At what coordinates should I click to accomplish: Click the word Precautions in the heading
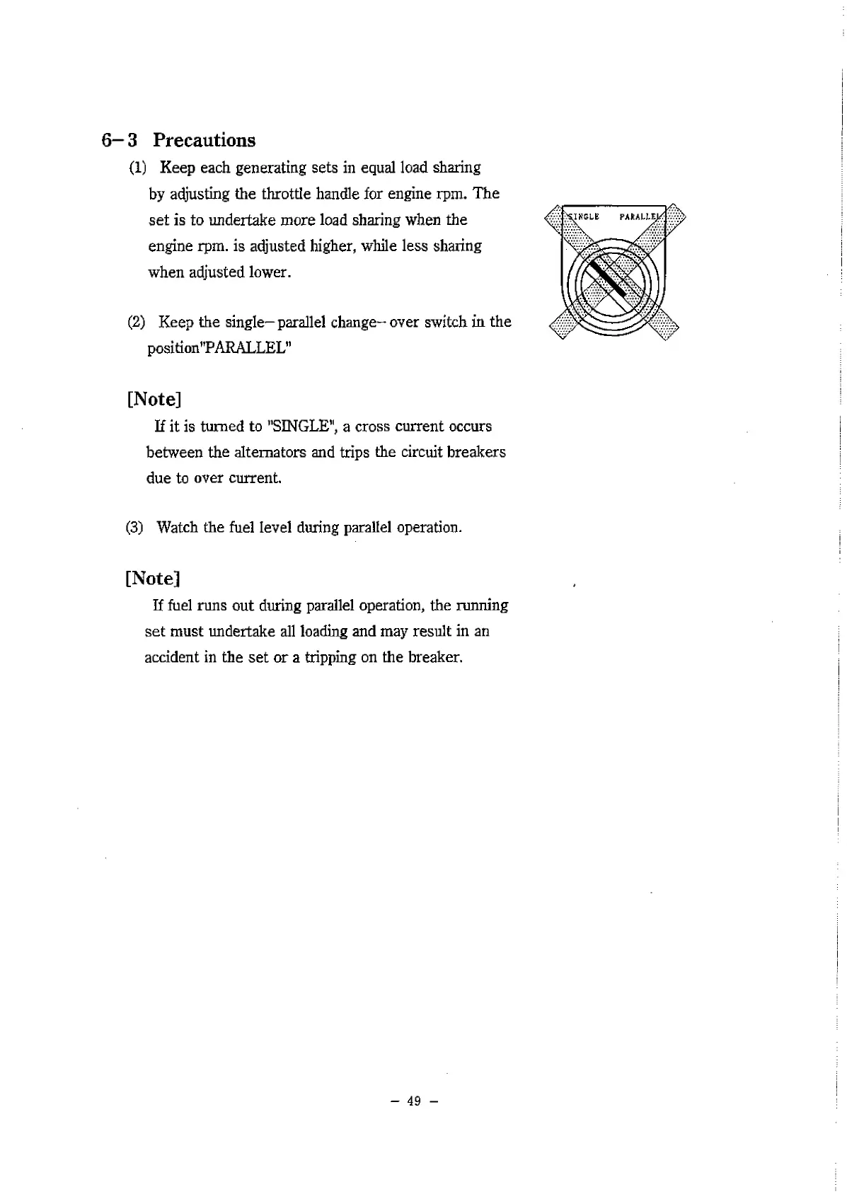(x=204, y=140)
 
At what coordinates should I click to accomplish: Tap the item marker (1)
(x=137, y=168)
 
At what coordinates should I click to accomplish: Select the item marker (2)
(x=137, y=323)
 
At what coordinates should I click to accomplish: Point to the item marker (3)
(x=134, y=528)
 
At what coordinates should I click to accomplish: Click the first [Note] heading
(x=154, y=399)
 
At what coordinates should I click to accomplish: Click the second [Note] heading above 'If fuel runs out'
(x=152, y=579)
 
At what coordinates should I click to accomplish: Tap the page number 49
(x=414, y=1101)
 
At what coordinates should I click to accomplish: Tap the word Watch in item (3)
(x=177, y=528)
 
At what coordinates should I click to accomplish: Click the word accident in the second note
(x=172, y=657)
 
